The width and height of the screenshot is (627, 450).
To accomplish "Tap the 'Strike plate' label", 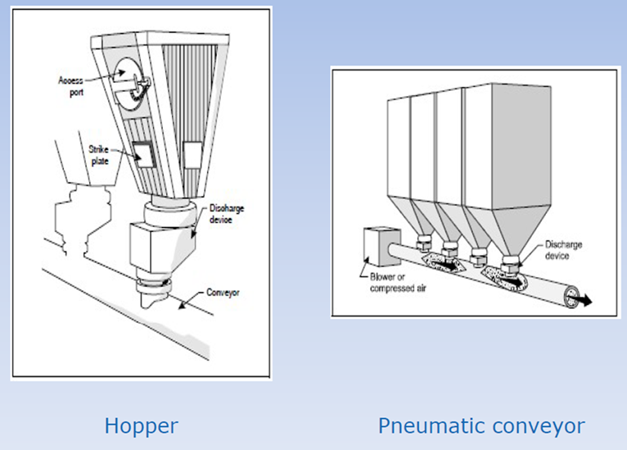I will pyautogui.click(x=98, y=156).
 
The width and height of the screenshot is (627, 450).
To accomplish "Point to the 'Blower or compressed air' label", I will pyautogui.click(x=388, y=281).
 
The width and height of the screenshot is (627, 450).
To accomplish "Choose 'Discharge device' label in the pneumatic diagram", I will pyautogui.click(x=564, y=251).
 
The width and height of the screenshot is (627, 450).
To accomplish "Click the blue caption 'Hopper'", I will pyautogui.click(x=141, y=426).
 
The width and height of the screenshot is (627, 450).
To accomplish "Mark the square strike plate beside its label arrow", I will pyautogui.click(x=140, y=154).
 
